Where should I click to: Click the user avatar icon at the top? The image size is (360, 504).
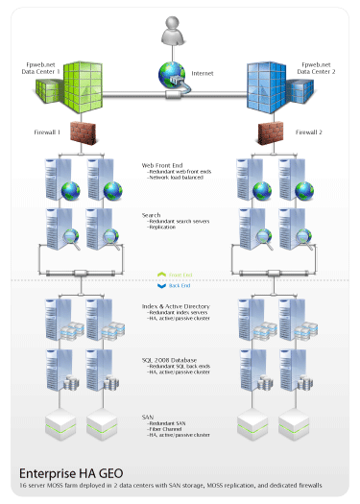[x=179, y=34]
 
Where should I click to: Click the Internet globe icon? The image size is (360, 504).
[x=173, y=76]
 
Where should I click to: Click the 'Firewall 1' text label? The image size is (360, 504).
[x=48, y=132]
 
